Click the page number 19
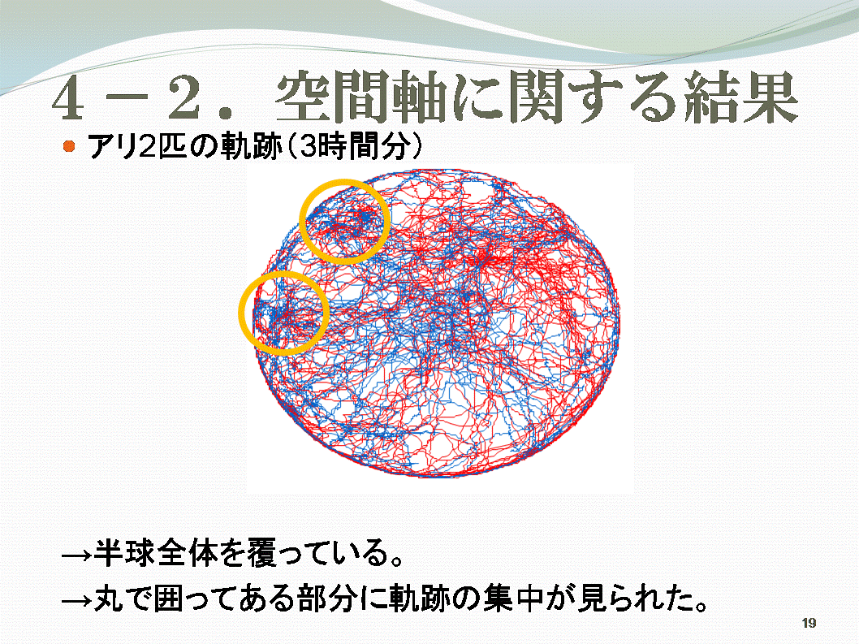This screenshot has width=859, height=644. point(809,623)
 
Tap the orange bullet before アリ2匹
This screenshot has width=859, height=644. point(69,146)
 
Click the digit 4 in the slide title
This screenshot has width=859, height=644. point(68,98)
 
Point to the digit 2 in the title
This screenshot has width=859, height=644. point(183,98)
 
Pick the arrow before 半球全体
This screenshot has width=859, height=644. point(76,555)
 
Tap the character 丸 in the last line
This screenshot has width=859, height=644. point(109,598)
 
